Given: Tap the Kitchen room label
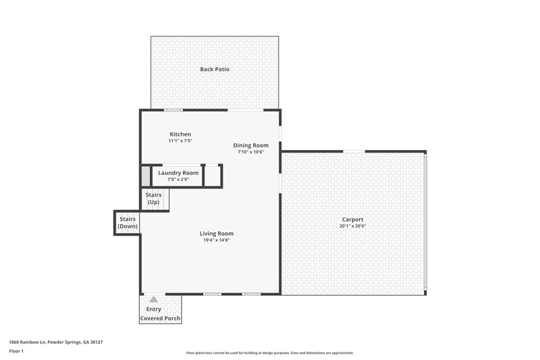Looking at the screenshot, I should click(x=180, y=134).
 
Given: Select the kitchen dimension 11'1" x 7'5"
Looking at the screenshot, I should click(x=180, y=141).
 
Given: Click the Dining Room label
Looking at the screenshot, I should click(x=251, y=145).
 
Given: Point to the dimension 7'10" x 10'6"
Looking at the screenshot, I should click(x=251, y=152).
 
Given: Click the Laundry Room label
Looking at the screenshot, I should click(x=178, y=173).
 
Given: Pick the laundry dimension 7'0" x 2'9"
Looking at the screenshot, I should click(x=178, y=180).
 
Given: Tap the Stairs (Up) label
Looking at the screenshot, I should click(x=154, y=199).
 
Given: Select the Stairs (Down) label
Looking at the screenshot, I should click(x=128, y=223).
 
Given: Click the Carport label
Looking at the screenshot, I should click(x=352, y=220).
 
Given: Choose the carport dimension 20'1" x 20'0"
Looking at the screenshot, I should click(x=352, y=226).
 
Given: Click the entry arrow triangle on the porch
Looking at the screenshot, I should click(x=154, y=299).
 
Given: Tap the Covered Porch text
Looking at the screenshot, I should click(x=161, y=318).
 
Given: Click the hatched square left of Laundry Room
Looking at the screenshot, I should click(x=145, y=176).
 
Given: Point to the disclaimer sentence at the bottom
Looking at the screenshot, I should click(x=269, y=353).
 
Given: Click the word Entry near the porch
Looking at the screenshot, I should click(x=154, y=309).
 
